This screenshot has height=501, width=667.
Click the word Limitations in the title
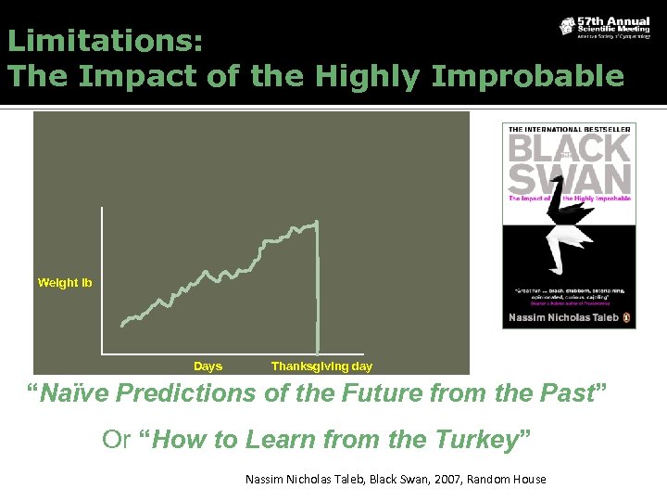105,42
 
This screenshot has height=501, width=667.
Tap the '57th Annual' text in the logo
611,21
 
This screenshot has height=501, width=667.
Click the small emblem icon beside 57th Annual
567,26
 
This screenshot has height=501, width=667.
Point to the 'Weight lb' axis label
65,282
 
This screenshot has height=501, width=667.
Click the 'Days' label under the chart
208,366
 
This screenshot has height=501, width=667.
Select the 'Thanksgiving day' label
321,366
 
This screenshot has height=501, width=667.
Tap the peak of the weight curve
317,222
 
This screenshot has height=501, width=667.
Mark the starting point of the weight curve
123,325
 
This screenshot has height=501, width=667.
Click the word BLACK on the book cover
569,149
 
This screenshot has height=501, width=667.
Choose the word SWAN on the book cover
569,178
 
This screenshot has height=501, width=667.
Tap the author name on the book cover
562,317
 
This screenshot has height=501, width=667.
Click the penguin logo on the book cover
627,317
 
